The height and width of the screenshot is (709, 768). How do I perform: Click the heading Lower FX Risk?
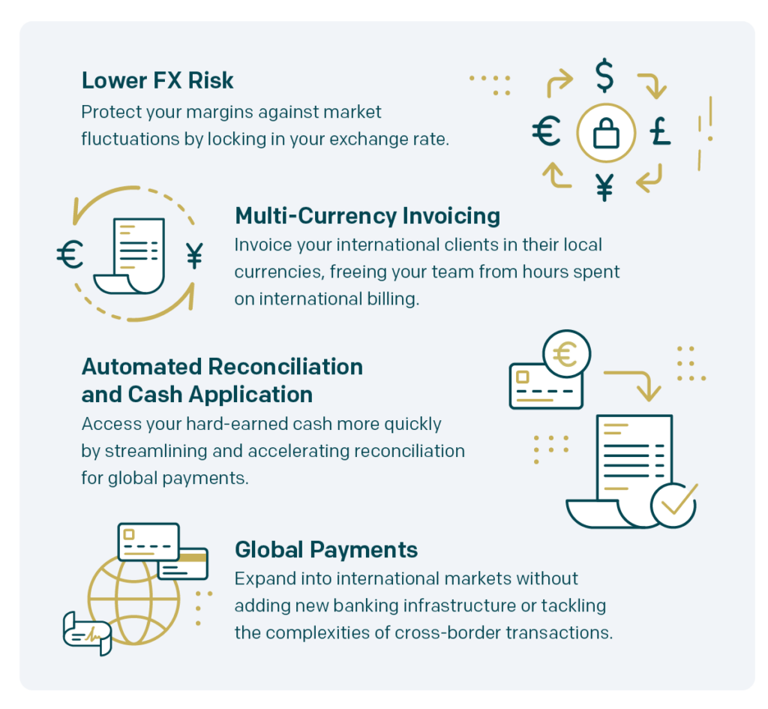(x=157, y=81)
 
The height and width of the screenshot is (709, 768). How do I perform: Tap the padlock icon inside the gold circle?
(x=606, y=134)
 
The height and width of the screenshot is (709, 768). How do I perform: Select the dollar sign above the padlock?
(x=604, y=76)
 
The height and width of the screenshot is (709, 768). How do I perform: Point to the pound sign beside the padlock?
(x=660, y=131)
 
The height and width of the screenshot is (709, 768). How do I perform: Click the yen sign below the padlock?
(x=605, y=187)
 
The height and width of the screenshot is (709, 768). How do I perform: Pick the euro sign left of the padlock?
(x=546, y=131)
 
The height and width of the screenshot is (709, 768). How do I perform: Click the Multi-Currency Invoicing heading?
(x=367, y=216)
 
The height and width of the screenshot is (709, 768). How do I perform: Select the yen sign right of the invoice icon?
(x=194, y=256)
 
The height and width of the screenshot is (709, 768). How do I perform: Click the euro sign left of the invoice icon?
(x=70, y=255)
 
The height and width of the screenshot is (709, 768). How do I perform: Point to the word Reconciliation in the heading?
(x=285, y=367)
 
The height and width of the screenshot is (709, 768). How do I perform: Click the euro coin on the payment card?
(x=567, y=354)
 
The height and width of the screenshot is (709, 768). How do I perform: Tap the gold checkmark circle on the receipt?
(x=674, y=505)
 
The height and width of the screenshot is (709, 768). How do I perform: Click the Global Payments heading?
(x=326, y=550)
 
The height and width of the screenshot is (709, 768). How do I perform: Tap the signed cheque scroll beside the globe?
(x=88, y=633)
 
